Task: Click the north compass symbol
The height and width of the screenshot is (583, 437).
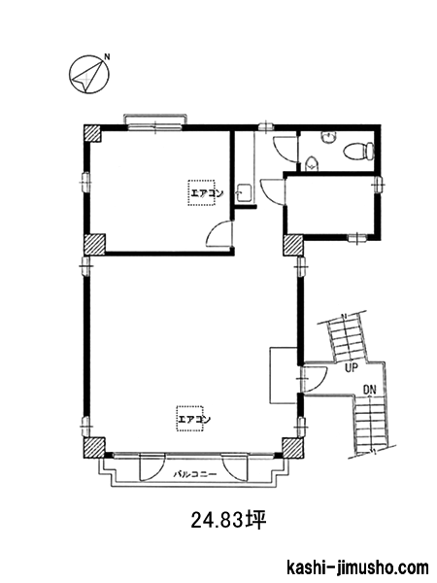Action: click(89, 75)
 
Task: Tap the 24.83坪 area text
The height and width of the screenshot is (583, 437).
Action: click(229, 520)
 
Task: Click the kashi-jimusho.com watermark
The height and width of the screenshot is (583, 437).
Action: click(358, 568)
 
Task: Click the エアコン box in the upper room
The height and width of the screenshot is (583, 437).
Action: click(202, 192)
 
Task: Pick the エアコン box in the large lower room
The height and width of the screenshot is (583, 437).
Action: click(190, 419)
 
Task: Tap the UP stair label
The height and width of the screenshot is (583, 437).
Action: click(352, 368)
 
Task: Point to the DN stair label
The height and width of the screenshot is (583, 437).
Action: click(370, 390)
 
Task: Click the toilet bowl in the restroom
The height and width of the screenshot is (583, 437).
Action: click(359, 152)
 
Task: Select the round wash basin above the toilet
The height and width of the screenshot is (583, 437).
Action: click(328, 138)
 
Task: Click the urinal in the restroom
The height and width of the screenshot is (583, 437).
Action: click(311, 164)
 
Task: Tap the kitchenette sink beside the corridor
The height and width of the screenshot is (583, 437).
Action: click(244, 193)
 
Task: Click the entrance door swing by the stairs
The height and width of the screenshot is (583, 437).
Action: click(315, 379)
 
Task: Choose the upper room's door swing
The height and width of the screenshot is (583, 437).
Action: click(220, 233)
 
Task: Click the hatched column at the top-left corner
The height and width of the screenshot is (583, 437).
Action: click(92, 133)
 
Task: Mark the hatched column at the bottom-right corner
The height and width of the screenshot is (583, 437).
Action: click(292, 448)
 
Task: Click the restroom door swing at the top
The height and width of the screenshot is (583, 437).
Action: click(286, 149)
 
